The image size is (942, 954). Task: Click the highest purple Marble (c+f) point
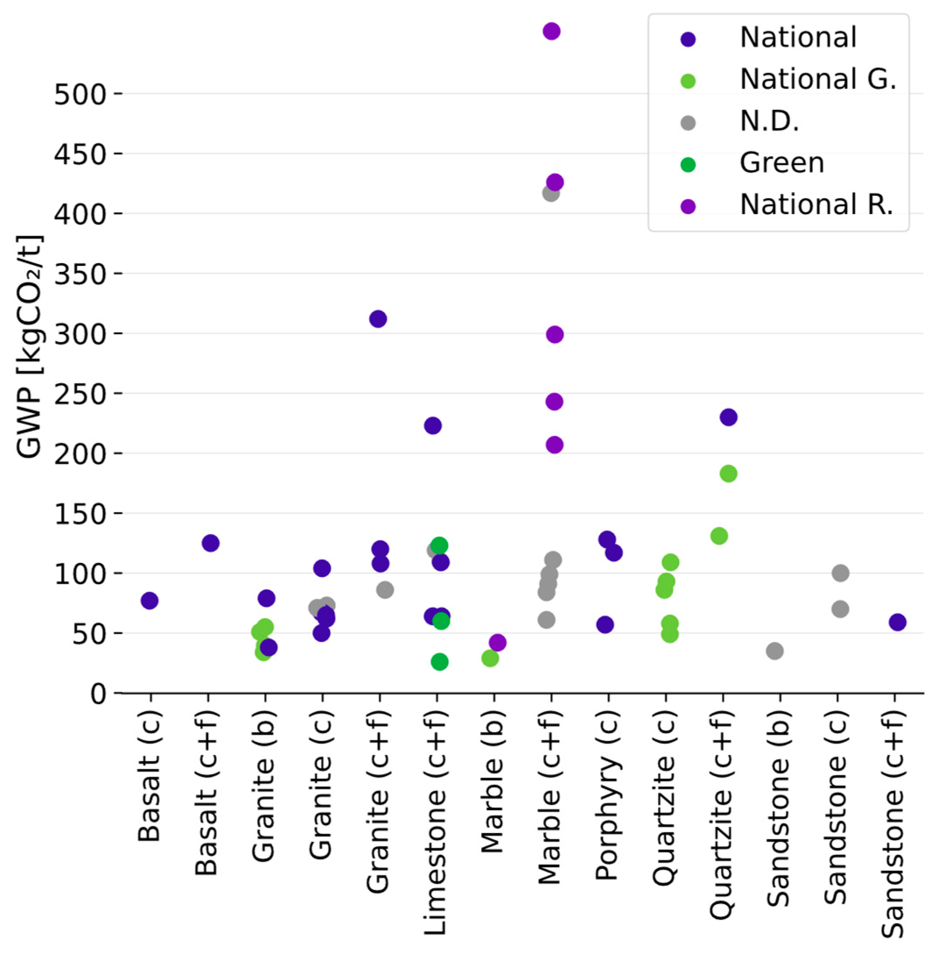pyautogui.click(x=551, y=31)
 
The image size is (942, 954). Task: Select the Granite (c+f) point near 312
pyautogui.click(x=378, y=319)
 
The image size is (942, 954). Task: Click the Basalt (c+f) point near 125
pyautogui.click(x=210, y=543)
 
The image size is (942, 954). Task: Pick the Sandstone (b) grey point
pyautogui.click(x=775, y=651)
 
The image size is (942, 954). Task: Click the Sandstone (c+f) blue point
pyautogui.click(x=897, y=622)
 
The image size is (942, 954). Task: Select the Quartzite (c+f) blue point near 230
pyautogui.click(x=728, y=417)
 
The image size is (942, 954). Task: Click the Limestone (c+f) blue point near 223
pyautogui.click(x=433, y=426)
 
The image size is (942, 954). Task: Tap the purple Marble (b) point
pyautogui.click(x=497, y=642)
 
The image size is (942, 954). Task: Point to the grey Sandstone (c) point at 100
pyautogui.click(x=840, y=573)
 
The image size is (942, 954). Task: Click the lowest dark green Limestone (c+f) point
pyautogui.click(x=440, y=662)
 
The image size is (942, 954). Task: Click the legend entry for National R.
pyautogui.click(x=816, y=204)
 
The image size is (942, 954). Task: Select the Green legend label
pyautogui.click(x=781, y=163)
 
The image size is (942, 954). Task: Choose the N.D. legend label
pyautogui.click(x=769, y=121)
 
